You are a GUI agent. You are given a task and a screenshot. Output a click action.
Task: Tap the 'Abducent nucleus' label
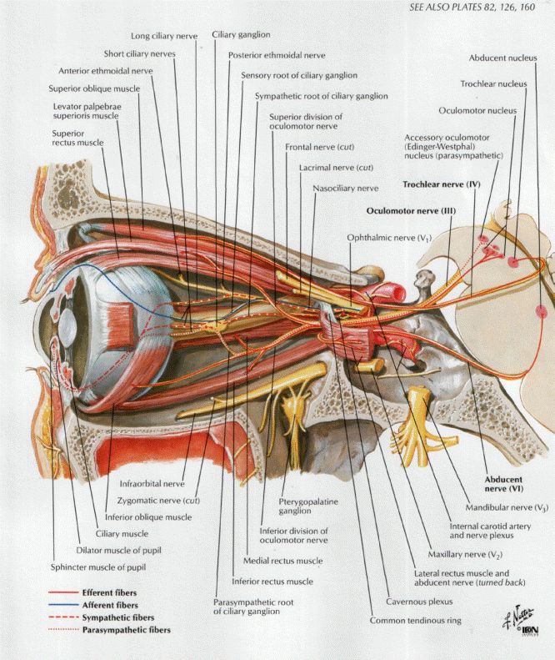pos(497,58)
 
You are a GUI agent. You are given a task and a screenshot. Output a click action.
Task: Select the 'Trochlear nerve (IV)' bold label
pos(438,183)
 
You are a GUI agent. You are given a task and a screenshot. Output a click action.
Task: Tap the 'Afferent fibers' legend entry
pos(108,604)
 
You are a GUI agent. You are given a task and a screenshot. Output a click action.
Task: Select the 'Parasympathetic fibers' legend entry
pos(127,630)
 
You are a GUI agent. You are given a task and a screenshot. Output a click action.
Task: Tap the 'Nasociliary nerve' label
pos(346,189)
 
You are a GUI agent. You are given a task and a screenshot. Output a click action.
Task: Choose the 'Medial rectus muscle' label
pos(282,561)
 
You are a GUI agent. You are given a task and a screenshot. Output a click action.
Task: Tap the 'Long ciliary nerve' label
pos(163,35)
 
